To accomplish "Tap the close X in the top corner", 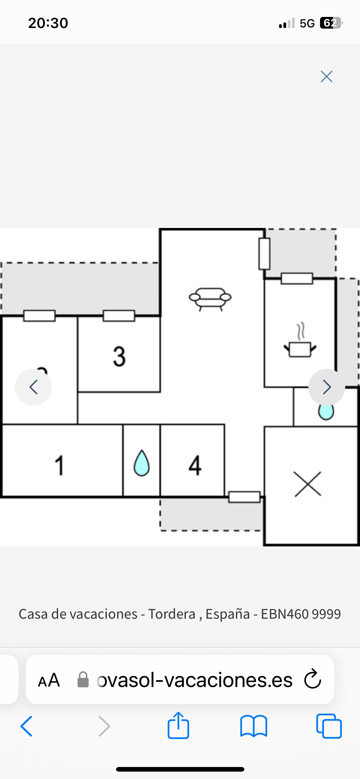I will coord(326,77).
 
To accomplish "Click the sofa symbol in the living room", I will coord(210,298).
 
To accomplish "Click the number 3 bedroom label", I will coord(119,357).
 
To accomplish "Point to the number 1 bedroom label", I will coord(59,465).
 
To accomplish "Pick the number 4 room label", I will coord(195,465).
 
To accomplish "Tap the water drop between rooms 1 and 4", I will coord(142,463).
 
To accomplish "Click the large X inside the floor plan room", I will coord(308,484).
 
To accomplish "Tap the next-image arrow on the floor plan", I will coord(327,387).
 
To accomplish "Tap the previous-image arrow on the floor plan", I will coord(33,387).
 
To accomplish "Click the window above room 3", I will coord(119,316).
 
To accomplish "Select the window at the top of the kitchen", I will coord(297,278).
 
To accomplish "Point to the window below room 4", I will coord(244,497).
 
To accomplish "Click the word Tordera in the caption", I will coord(172,614).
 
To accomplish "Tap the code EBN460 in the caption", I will coord(285,614).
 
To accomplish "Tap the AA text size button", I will coord(49,680).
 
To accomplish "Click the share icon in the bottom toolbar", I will coord(178,726).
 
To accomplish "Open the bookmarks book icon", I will coord(254,726).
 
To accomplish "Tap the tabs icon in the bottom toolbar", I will coord(329,726).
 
